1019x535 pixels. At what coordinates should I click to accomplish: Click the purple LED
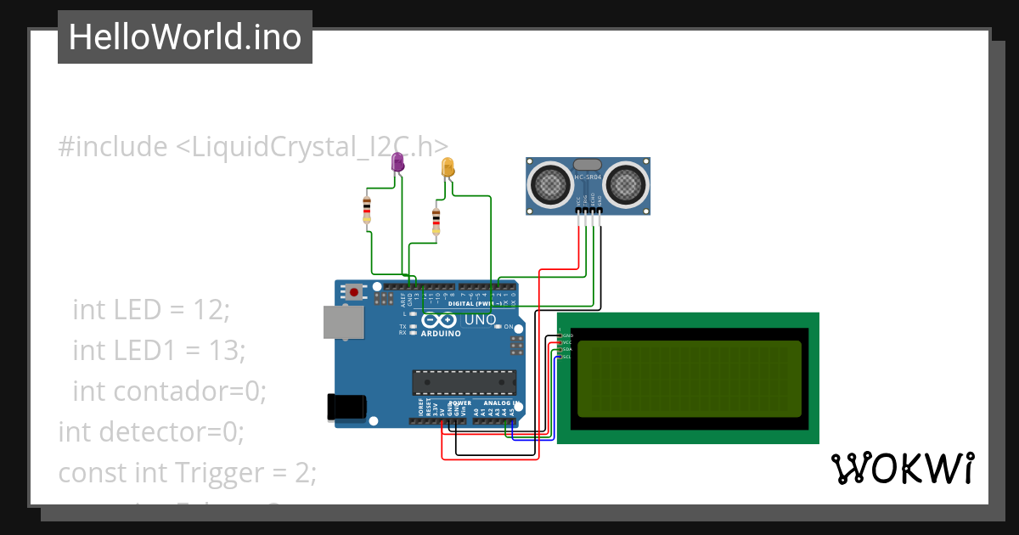pos(397,162)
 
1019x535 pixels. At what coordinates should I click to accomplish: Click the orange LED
pos(448,168)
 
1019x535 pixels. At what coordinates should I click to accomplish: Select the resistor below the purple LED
pos(367,209)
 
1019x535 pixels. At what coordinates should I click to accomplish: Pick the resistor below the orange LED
pos(436,221)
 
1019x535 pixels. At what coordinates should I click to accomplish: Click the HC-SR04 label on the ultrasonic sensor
pos(588,177)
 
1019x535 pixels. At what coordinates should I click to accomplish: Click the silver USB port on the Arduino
pos(343,323)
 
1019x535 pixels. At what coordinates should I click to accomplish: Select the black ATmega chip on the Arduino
pos(464,383)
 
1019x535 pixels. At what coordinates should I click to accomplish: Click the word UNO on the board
pos(480,320)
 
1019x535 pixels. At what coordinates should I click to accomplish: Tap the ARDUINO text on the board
pos(441,334)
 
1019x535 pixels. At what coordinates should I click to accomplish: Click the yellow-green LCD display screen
pos(689,379)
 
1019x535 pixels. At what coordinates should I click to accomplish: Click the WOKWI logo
pos(902,468)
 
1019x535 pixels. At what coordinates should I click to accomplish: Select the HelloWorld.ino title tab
pos(185,37)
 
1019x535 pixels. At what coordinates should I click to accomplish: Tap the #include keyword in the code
pos(113,147)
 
